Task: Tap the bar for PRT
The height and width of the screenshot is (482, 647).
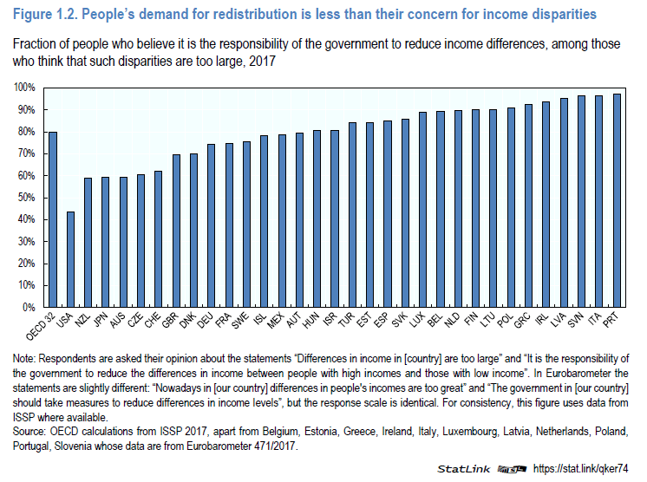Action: click(617, 200)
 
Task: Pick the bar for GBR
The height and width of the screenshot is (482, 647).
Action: click(176, 231)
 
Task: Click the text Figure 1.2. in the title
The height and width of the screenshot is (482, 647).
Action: click(44, 14)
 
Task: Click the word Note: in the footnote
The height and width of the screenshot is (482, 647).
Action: click(27, 358)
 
